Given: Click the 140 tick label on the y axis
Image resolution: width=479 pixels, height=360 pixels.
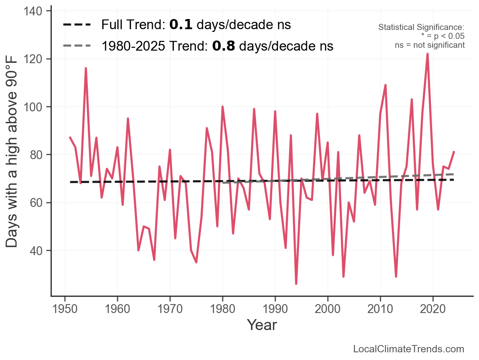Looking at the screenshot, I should point(36,11).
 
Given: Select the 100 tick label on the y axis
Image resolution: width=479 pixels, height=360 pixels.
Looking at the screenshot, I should point(36,107).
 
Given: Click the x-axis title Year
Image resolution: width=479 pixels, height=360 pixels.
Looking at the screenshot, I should point(262,325).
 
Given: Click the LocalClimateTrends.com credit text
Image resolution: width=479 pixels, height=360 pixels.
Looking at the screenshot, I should point(409,349).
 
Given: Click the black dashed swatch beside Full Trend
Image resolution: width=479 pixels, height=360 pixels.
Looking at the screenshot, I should point(77,25).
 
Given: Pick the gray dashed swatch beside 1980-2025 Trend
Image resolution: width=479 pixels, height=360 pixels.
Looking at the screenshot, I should point(77,46).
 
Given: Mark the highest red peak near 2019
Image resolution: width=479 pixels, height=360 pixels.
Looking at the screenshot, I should point(428,54).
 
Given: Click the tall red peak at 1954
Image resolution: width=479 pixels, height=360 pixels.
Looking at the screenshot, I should point(86,68).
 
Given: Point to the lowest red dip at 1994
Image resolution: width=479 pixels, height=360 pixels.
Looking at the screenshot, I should point(296,283).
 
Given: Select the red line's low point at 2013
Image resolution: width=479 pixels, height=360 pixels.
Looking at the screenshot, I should point(396,277).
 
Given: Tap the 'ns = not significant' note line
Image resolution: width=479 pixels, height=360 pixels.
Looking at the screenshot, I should point(430,45).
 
